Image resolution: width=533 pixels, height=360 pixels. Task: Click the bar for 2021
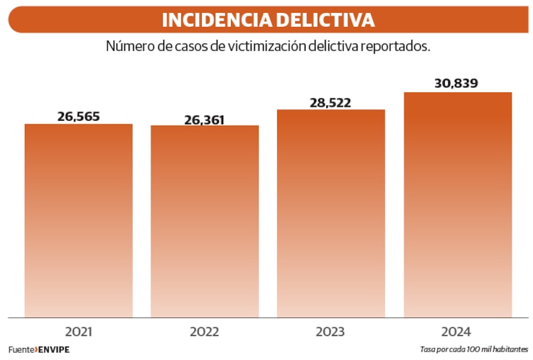78,220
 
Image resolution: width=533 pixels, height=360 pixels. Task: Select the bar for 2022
205,222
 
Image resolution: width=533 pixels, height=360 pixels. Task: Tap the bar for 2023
330,213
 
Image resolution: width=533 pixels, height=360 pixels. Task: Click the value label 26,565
79,116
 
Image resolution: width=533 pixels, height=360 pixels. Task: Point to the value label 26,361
205,119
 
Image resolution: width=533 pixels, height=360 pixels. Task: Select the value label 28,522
330,103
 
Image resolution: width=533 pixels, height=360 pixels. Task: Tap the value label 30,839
456,84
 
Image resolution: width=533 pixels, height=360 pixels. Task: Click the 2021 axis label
79,332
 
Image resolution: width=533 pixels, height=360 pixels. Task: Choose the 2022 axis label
205,332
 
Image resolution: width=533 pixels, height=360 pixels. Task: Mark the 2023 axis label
330,332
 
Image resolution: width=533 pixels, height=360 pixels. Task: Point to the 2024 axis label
456,332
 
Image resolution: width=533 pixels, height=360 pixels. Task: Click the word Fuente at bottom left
21,350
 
